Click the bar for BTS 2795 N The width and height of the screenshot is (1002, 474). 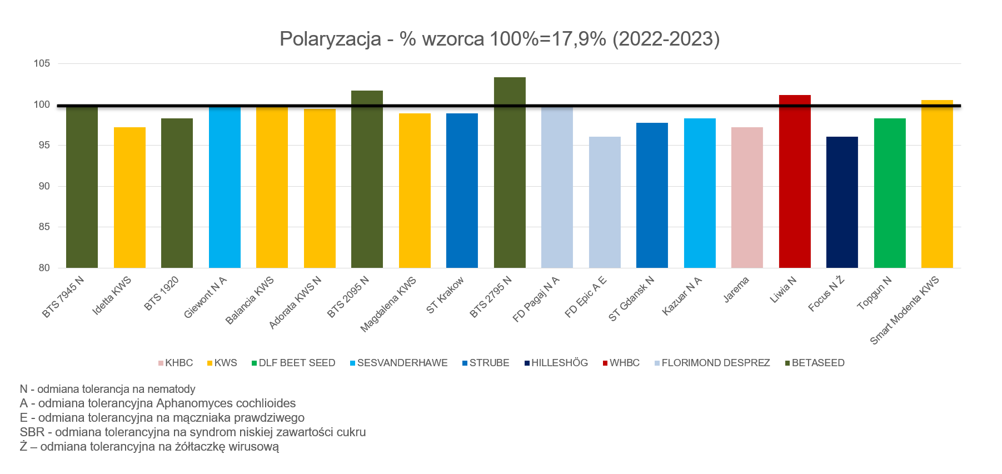pos(510,172)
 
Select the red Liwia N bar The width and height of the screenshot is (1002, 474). pos(795,181)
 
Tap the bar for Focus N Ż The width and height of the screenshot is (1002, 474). pos(842,202)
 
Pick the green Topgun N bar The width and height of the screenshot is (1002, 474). pos(890,193)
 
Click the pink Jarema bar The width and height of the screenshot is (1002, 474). pos(747,197)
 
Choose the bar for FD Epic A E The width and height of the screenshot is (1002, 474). pos(605,202)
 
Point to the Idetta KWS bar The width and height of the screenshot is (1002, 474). pos(129,197)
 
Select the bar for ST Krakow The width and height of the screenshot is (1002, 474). pos(462,191)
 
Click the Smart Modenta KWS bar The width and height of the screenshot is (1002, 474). pos(937,184)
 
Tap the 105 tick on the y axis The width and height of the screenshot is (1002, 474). pos(42,63)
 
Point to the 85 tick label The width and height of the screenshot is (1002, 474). pos(44,227)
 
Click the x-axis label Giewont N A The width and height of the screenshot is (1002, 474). pos(206,297)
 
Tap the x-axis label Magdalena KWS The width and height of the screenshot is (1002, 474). pos(388,305)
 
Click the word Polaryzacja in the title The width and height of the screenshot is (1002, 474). pos(330,39)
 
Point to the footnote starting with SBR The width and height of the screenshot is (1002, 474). pos(193,432)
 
